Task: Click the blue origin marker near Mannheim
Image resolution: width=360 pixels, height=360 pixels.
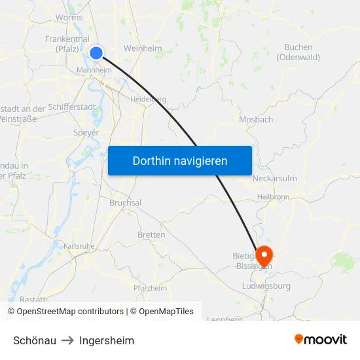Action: coord(96,54)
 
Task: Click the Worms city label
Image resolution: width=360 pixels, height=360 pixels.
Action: coord(70,18)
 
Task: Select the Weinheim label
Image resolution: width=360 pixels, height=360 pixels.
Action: coord(143,48)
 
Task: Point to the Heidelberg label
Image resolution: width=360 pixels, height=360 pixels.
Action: coord(149,99)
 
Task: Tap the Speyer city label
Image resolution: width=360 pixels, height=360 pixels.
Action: coord(86,132)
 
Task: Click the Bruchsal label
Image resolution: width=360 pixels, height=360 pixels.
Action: coord(125,203)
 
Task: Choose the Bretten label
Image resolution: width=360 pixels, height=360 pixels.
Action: coord(151,234)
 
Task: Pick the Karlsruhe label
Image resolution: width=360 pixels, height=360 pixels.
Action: coord(80,246)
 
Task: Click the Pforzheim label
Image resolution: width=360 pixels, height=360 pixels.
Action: coord(150,288)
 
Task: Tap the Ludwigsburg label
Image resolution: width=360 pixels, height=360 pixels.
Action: coord(266,286)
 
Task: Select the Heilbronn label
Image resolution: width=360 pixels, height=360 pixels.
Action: coord(274,196)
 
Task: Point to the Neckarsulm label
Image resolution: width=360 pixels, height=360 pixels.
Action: coord(274,178)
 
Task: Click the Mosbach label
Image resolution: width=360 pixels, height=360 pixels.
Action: coord(256,120)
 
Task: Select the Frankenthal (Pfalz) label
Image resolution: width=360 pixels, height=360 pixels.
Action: coord(67,44)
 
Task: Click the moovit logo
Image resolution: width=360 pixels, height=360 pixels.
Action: coord(321,340)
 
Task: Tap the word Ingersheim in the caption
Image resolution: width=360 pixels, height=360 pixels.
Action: coord(107,340)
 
